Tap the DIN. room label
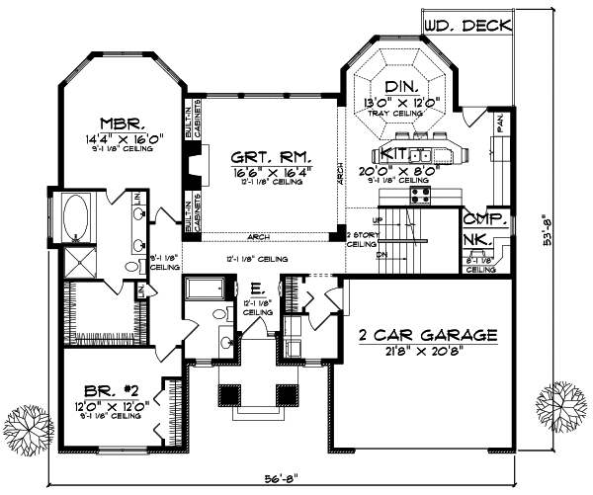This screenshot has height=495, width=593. point(400,87)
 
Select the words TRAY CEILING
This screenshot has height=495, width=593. point(400,114)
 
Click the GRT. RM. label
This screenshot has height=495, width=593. point(265,156)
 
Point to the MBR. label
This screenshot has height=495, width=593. point(123,124)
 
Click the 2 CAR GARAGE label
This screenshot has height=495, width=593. point(427,333)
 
